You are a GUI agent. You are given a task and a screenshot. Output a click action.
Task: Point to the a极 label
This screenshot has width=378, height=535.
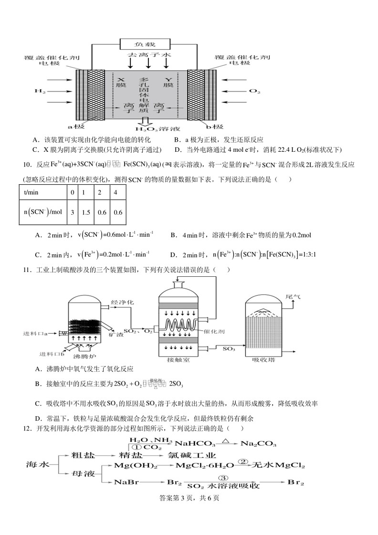(76, 127)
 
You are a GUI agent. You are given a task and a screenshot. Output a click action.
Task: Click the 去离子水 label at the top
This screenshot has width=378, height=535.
(148, 55)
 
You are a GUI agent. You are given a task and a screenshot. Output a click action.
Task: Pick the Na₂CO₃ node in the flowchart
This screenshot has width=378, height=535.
(258, 443)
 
